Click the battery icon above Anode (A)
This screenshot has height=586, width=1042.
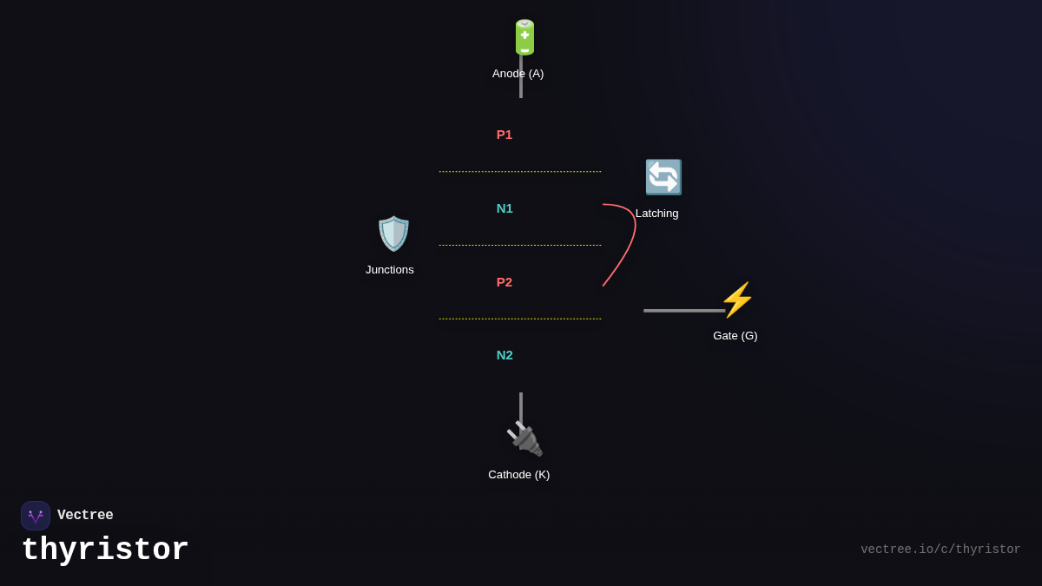[524, 37]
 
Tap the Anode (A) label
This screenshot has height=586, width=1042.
[518, 74]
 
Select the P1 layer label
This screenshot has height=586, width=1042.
[505, 135]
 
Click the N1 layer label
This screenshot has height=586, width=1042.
[505, 208]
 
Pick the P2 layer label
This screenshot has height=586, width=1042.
[505, 282]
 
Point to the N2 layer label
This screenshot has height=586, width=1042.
[505, 355]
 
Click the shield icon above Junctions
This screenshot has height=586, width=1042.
[393, 234]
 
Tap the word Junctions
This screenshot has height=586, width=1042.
[390, 270]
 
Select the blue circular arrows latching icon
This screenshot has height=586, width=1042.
[663, 177]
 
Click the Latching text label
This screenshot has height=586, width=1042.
[656, 214]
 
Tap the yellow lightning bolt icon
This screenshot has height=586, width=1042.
[737, 300]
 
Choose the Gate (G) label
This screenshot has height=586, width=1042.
[735, 336]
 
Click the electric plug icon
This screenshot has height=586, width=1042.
[524, 438]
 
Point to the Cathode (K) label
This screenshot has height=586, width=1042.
[519, 475]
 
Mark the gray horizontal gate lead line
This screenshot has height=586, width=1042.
[683, 310]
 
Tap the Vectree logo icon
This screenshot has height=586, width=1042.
[36, 516]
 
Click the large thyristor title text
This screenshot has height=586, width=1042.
[105, 550]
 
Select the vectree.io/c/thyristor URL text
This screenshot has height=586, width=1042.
[940, 550]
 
